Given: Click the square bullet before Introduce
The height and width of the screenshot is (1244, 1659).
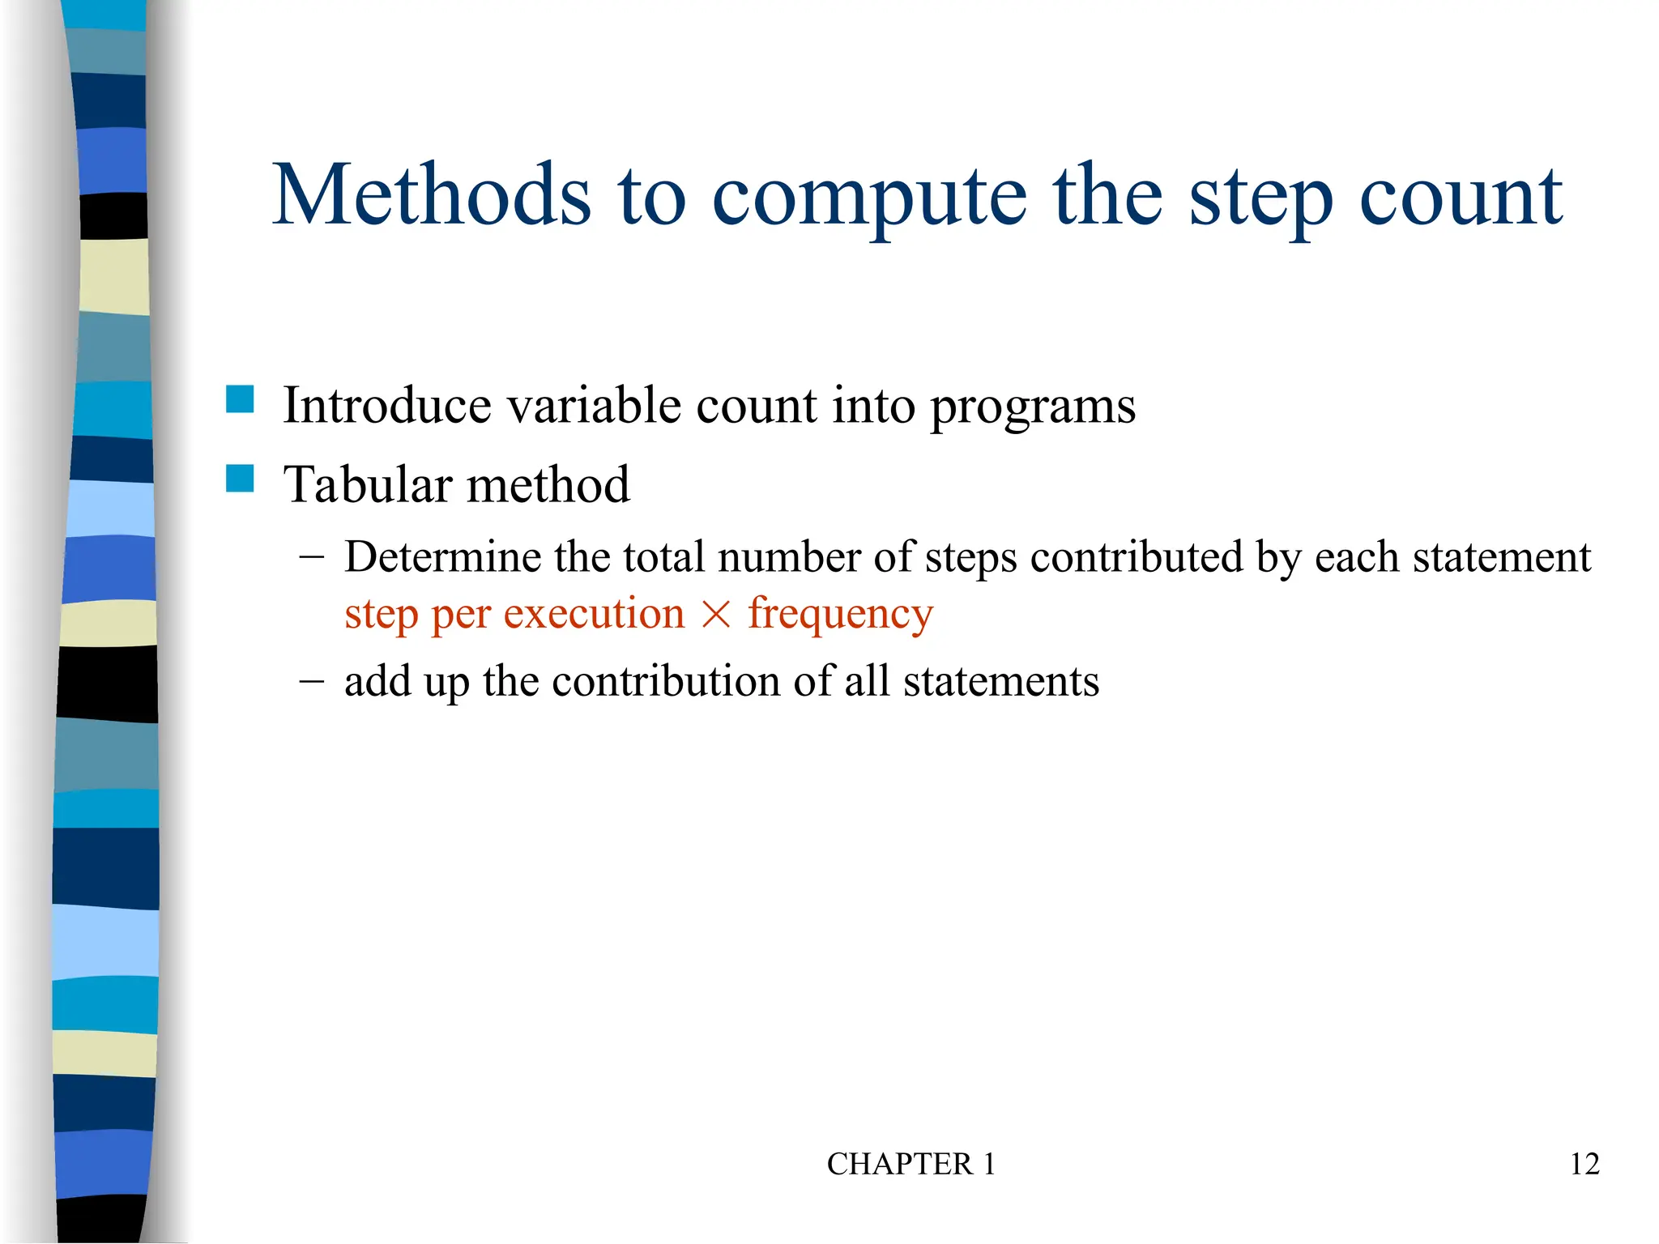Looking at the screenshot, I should pyautogui.click(x=240, y=399).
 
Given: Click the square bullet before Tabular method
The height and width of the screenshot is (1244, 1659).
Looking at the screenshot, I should pyautogui.click(x=240, y=479).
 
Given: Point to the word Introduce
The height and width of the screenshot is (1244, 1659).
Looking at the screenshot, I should pyautogui.click(x=387, y=405).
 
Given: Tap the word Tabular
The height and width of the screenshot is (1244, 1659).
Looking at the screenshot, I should pyautogui.click(x=368, y=484).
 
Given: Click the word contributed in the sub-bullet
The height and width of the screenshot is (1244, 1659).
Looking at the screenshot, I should pyautogui.click(x=1137, y=557).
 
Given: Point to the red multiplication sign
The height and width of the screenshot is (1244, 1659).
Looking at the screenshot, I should pyautogui.click(x=716, y=615).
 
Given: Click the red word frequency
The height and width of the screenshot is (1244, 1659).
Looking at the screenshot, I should pyautogui.click(x=840, y=615).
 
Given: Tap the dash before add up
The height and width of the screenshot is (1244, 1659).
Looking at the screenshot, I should pyautogui.click(x=310, y=680).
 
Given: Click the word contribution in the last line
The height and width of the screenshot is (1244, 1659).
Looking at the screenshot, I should pyautogui.click(x=667, y=681).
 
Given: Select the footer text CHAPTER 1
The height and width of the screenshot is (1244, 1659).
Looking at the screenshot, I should pyautogui.click(x=911, y=1164).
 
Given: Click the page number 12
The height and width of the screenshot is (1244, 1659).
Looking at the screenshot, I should pyautogui.click(x=1584, y=1164).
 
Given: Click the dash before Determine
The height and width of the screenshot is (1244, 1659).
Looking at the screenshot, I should pyautogui.click(x=310, y=556).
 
